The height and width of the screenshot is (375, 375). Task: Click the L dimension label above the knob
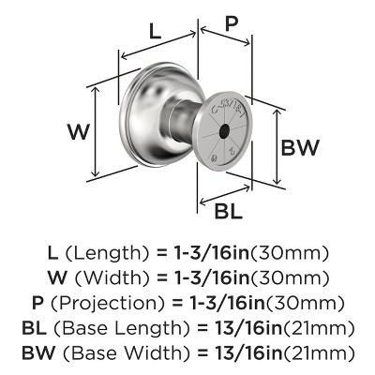pyautogui.click(x=157, y=32)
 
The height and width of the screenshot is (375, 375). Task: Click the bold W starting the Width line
pyautogui.click(x=55, y=278)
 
